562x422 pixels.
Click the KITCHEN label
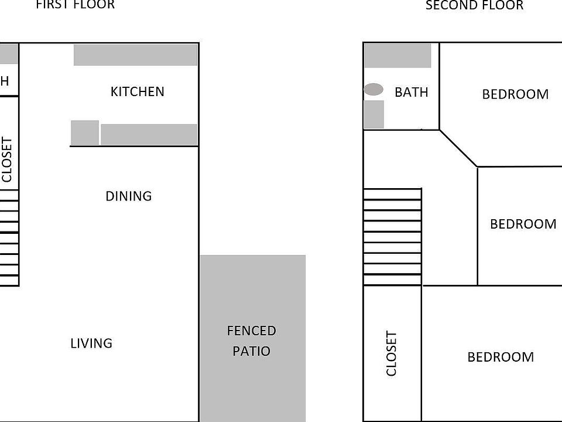[x=137, y=91]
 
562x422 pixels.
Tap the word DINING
[x=128, y=196]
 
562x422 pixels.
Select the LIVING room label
[x=91, y=343]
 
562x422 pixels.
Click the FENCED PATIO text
[x=251, y=341]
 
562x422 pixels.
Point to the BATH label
[x=411, y=92]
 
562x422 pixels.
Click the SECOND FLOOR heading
[x=474, y=6]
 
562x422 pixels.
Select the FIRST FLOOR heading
[x=75, y=5]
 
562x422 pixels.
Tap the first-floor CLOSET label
[x=7, y=159]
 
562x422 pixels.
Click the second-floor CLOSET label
[x=392, y=353]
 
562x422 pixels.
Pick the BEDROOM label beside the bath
[x=515, y=94]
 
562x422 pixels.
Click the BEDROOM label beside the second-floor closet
[x=501, y=357]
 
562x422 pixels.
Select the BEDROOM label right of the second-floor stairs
[x=523, y=224]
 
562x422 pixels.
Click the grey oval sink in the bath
[x=373, y=90]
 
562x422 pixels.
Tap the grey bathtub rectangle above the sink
[x=397, y=56]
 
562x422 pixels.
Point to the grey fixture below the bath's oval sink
[x=373, y=114]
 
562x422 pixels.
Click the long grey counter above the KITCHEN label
[x=135, y=55]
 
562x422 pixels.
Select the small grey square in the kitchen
[x=85, y=132]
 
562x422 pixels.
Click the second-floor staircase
[x=392, y=237]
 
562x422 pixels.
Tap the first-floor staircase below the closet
[x=9, y=240]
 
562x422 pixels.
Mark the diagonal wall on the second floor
[x=458, y=148]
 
